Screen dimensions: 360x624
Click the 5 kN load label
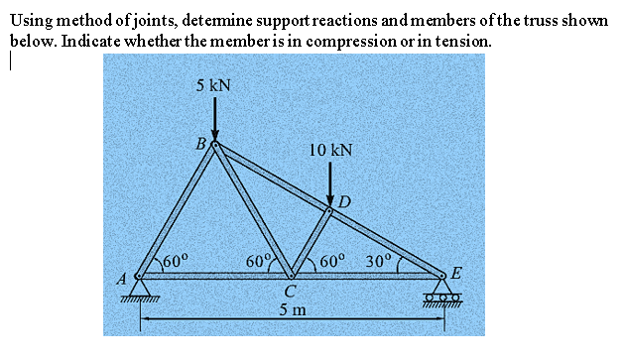[213, 86]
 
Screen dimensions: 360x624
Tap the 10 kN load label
[330, 151]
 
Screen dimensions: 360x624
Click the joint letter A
[124, 279]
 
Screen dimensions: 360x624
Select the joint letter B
[201, 144]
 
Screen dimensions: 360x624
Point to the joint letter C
[288, 292]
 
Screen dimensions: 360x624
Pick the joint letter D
[344, 202]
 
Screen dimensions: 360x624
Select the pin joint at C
[290, 276]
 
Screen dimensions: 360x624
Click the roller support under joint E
[445, 295]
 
